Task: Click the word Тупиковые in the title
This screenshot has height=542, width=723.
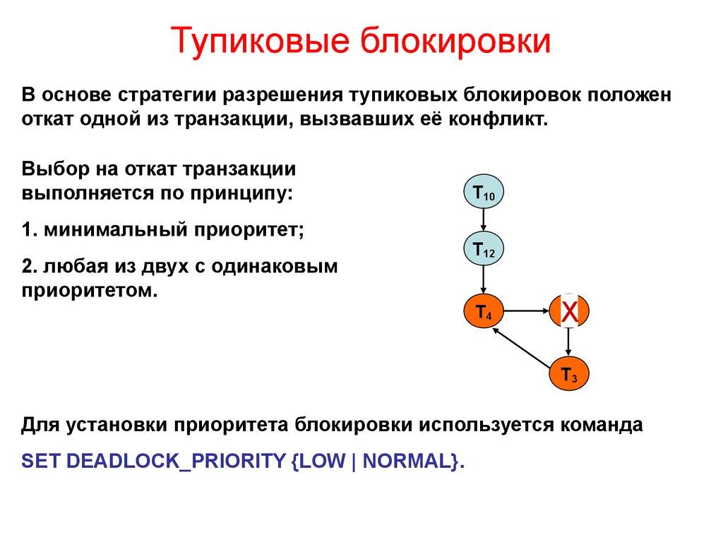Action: tap(264, 42)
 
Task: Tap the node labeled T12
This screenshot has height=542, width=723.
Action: tap(484, 251)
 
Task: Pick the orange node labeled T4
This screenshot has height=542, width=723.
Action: tap(484, 311)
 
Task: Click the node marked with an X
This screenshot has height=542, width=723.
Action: tap(569, 311)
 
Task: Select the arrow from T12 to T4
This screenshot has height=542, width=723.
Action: tap(484, 280)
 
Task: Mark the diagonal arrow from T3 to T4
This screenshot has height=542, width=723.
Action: tap(524, 346)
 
